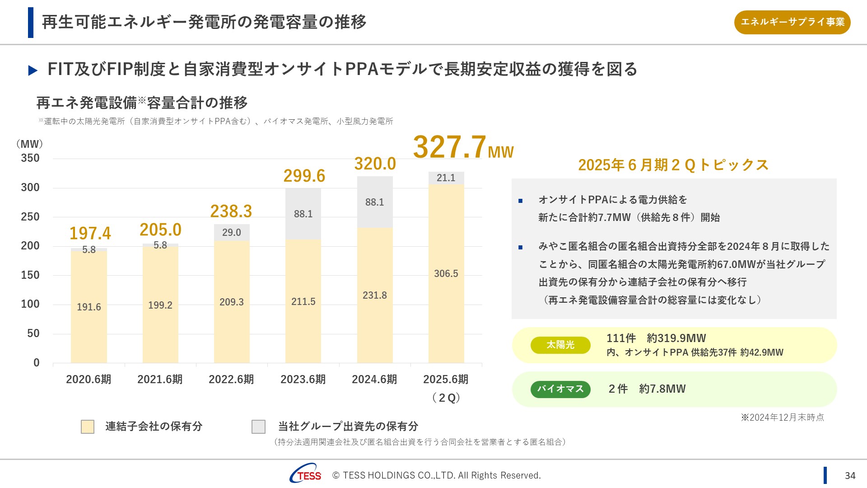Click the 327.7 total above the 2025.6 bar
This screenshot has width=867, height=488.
450,147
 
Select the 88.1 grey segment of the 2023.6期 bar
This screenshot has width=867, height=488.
303,214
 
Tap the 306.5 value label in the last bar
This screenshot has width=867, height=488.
446,273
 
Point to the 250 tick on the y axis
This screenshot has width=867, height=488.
30,217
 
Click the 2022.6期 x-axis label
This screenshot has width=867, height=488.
231,380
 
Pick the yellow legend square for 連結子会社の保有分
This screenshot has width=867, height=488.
88,427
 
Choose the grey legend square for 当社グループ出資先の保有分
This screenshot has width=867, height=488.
258,427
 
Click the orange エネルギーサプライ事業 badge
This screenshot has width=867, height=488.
792,22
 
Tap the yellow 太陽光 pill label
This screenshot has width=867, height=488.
560,345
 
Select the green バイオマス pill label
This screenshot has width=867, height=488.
560,389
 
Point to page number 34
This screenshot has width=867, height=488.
850,476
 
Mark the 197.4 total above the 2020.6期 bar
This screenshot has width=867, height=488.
90,234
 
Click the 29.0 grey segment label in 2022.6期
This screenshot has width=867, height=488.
231,232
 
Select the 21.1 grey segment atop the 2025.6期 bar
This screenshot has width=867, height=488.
446,178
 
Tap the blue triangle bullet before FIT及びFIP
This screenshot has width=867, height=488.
33,70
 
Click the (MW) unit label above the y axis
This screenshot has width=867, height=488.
30,144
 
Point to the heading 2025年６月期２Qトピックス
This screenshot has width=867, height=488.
673,165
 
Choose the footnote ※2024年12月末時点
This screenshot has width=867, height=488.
782,418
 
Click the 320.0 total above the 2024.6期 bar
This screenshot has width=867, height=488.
375,164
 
